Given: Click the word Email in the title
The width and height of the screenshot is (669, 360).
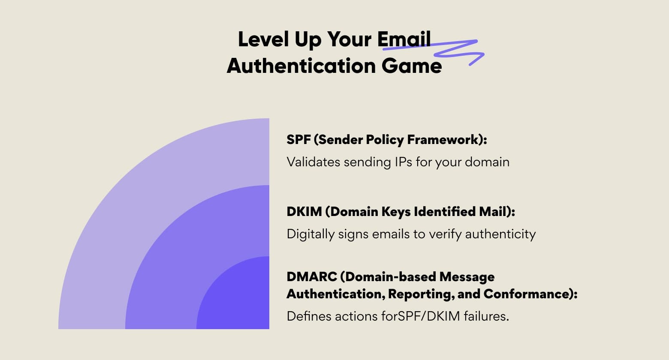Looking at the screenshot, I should tap(404, 39).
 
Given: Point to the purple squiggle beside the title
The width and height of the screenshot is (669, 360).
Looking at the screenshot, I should tap(459, 51).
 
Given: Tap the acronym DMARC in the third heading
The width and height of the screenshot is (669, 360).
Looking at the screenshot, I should tap(312, 277).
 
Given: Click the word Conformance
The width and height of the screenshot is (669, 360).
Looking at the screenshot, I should tap(530, 294).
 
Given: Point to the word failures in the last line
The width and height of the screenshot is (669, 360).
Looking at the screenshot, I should tap(486, 316).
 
